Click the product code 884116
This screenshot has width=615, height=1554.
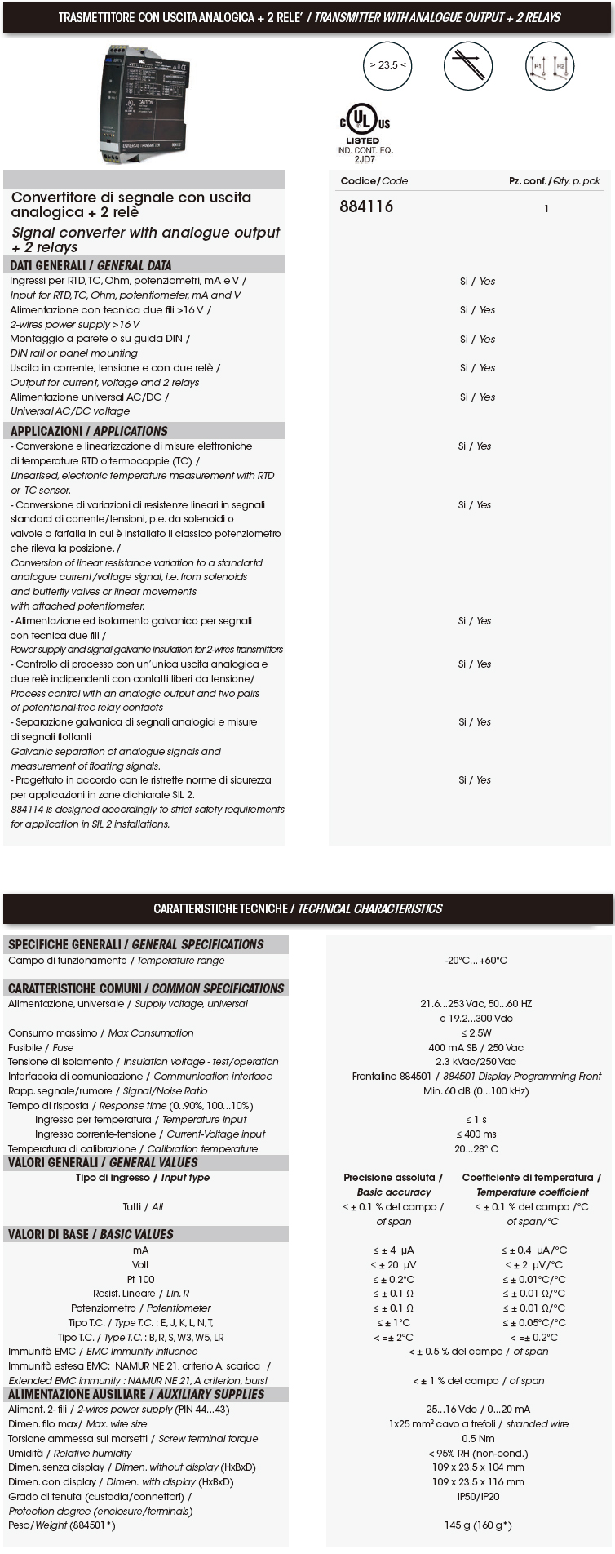coord(366,206)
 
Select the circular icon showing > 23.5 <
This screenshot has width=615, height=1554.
coord(387,65)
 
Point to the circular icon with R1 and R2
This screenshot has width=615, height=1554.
coord(550,66)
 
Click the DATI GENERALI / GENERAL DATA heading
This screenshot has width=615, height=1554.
coord(91,265)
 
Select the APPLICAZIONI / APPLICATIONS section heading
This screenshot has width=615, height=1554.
coord(89,431)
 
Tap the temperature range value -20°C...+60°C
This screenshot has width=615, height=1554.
coord(476,961)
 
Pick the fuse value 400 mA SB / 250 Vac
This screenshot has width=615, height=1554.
coord(476,1048)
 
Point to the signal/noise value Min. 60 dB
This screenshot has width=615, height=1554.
coord(476,1091)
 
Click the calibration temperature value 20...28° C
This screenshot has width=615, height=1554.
coord(476,1149)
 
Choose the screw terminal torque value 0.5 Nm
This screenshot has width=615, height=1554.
coord(478,1439)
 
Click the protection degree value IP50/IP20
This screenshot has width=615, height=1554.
coord(478,1497)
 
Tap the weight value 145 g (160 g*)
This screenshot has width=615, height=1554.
coord(478,1525)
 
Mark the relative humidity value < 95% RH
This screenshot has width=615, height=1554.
coord(478,1454)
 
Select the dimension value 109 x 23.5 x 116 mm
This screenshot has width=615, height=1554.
coord(478,1482)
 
